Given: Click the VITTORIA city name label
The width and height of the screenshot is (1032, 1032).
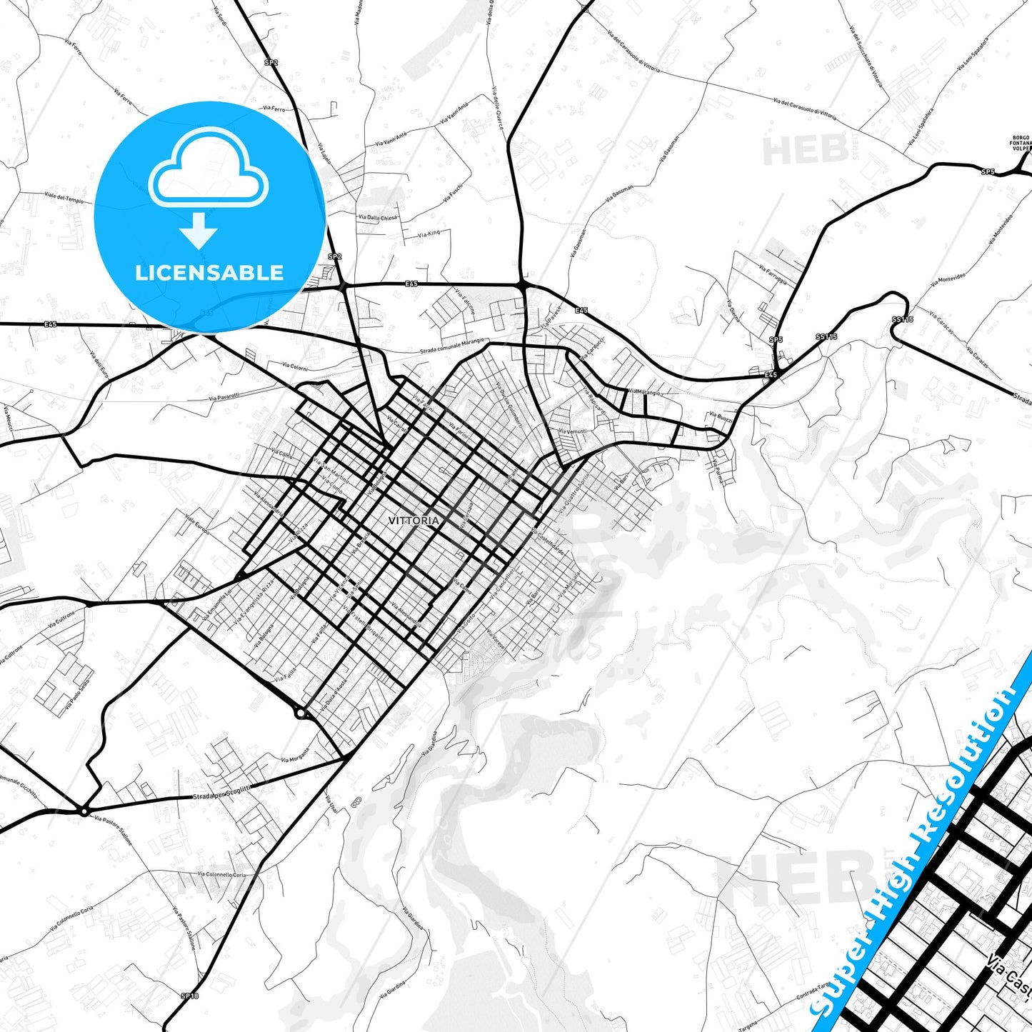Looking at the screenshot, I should click(x=414, y=521).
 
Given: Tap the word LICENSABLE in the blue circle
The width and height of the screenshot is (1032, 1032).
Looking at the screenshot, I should click(x=209, y=272).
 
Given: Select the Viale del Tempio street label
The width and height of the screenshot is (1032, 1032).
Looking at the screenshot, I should click(x=64, y=199).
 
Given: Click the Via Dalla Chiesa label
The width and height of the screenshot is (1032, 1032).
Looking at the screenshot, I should click(x=378, y=218).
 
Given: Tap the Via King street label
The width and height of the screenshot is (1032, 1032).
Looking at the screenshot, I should click(x=430, y=234).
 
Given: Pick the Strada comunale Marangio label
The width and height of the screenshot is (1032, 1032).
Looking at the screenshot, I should click(x=453, y=345).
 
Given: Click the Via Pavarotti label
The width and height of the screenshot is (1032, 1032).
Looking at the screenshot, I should click(x=224, y=396).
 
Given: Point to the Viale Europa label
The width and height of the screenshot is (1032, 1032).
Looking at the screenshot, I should click(x=197, y=518).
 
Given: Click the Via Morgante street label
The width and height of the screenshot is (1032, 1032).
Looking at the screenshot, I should click(x=296, y=754).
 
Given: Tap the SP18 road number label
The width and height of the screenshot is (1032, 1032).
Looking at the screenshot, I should click(x=189, y=996).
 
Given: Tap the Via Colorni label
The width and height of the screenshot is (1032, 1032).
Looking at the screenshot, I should click(x=294, y=366).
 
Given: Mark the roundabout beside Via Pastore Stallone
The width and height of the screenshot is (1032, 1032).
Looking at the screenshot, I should click(x=84, y=811).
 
